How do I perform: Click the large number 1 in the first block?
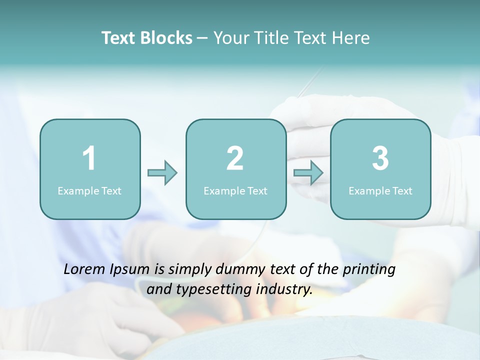(x=89, y=158)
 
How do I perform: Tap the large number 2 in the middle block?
(x=235, y=158)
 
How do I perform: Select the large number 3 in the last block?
(x=380, y=158)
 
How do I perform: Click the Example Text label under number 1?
(x=89, y=190)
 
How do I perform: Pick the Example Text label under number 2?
(x=235, y=190)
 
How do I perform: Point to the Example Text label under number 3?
(x=380, y=190)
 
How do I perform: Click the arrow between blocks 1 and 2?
(x=162, y=173)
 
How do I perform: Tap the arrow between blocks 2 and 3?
(x=308, y=173)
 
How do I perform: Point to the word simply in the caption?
(x=190, y=270)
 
